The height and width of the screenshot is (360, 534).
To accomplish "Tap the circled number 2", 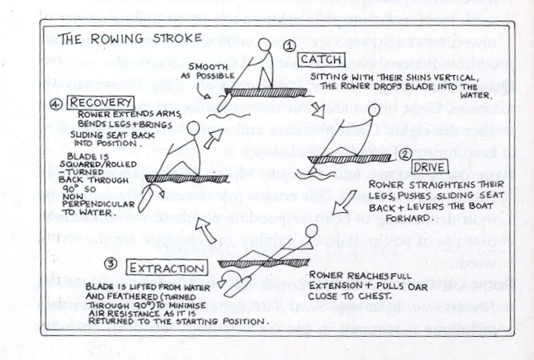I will tap(405, 154).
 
